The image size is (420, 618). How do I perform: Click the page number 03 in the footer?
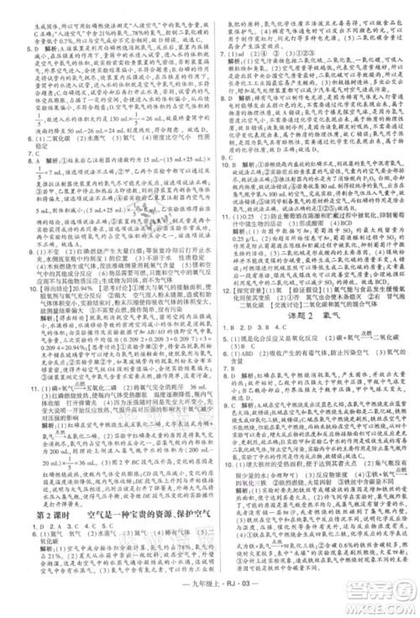pyautogui.click(x=239, y=600)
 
